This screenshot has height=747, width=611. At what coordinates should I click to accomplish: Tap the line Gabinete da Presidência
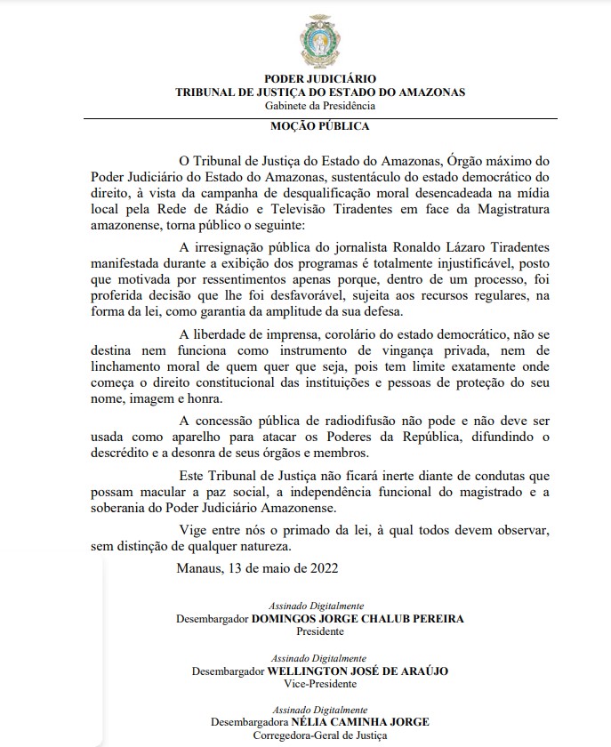coord(319,105)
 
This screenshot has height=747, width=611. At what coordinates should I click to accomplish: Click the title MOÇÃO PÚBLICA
coord(319,126)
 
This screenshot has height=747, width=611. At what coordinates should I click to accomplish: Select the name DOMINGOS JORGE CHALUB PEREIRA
coord(357,618)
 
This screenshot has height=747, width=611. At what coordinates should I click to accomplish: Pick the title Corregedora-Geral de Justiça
coord(320,736)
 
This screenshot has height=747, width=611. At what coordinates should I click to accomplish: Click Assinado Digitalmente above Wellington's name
coord(319,657)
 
